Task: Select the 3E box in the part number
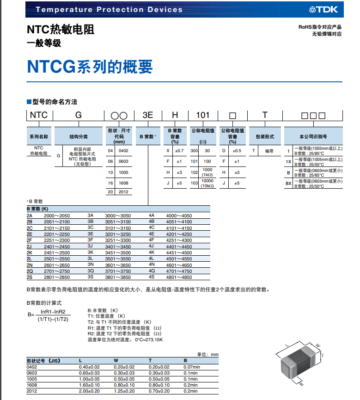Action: pos(147,115)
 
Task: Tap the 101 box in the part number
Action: pos(202,115)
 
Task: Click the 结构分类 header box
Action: pos(79,137)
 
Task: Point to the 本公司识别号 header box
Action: pos(313,137)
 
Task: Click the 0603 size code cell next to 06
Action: pos(123,161)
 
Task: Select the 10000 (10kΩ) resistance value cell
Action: pos(208,183)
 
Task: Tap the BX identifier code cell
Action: pos(288,183)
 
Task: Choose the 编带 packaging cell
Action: pos(269,151)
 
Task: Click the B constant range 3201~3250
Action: pos(118,234)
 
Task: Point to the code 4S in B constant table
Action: pos(152,277)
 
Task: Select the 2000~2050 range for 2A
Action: pos(56,216)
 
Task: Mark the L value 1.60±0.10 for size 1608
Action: pos(89,385)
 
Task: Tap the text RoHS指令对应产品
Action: pos(320,27)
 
